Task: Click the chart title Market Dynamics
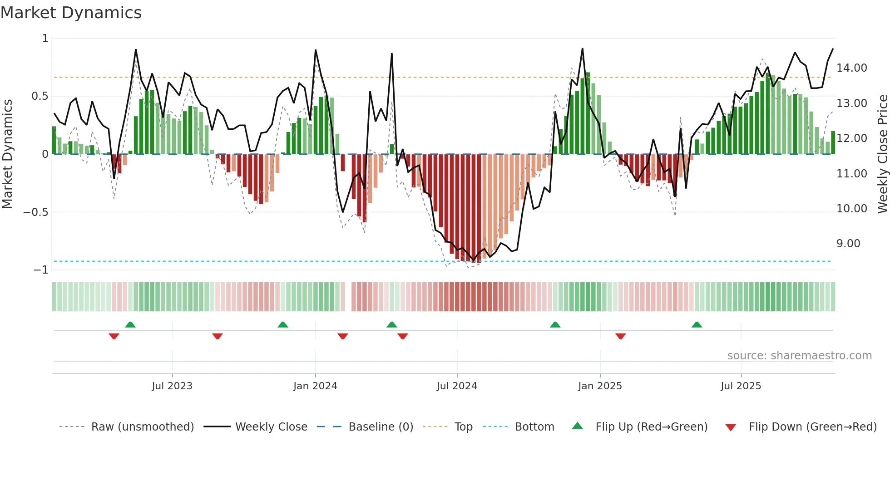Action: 71,13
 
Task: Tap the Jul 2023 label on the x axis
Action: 172,386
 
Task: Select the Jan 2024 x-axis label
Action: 315,386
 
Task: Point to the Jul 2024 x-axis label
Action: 457,386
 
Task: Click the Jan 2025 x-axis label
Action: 600,386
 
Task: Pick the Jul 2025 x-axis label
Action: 741,386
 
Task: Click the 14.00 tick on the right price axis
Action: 851,68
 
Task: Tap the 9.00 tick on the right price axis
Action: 848,244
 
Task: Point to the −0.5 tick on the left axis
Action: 36,212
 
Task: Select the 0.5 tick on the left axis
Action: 40,96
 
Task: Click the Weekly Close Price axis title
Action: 882,154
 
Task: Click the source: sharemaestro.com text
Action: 799,356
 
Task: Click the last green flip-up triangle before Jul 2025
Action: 697,324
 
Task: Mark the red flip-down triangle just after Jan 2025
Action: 620,336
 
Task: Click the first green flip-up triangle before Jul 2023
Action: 130,324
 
